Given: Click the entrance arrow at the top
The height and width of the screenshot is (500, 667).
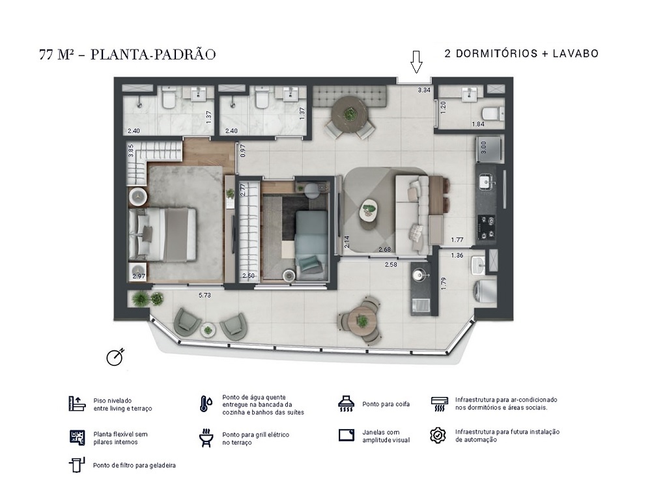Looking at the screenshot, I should [x=416, y=62].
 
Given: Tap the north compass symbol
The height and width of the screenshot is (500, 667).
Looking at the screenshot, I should [x=115, y=357].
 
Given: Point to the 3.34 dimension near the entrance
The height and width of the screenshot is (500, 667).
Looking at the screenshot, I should [x=424, y=90].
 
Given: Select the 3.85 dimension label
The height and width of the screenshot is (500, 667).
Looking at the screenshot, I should [x=131, y=150].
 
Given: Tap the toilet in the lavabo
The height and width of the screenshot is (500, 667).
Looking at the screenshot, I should [x=494, y=114].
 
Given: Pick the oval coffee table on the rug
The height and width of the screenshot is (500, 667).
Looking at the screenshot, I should [x=369, y=208].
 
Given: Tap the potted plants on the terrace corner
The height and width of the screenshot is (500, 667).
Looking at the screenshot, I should [x=147, y=299].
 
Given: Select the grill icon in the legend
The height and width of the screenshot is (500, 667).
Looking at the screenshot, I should [x=206, y=438].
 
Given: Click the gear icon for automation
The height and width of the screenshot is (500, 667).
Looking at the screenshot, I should [x=438, y=436].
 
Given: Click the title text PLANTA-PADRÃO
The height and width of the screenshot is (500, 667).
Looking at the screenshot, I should [x=153, y=55].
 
